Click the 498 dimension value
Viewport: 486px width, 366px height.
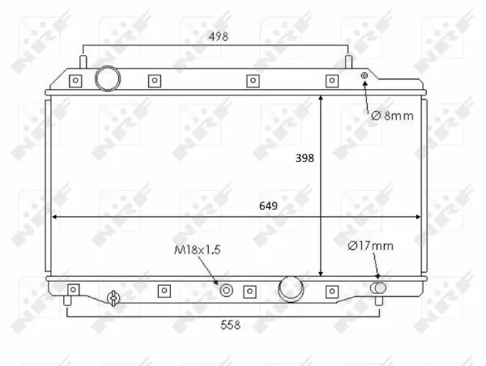219,36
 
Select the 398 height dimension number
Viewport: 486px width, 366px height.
305,158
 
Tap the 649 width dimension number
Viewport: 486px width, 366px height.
268,206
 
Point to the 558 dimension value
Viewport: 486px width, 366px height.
230,325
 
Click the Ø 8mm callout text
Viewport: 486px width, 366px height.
392,116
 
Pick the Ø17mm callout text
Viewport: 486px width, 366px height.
371,246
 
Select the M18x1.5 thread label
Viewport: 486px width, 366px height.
198,249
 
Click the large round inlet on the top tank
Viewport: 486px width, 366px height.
108,79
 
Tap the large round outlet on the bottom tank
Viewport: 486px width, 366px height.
291,289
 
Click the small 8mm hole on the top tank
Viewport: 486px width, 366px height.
364,75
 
